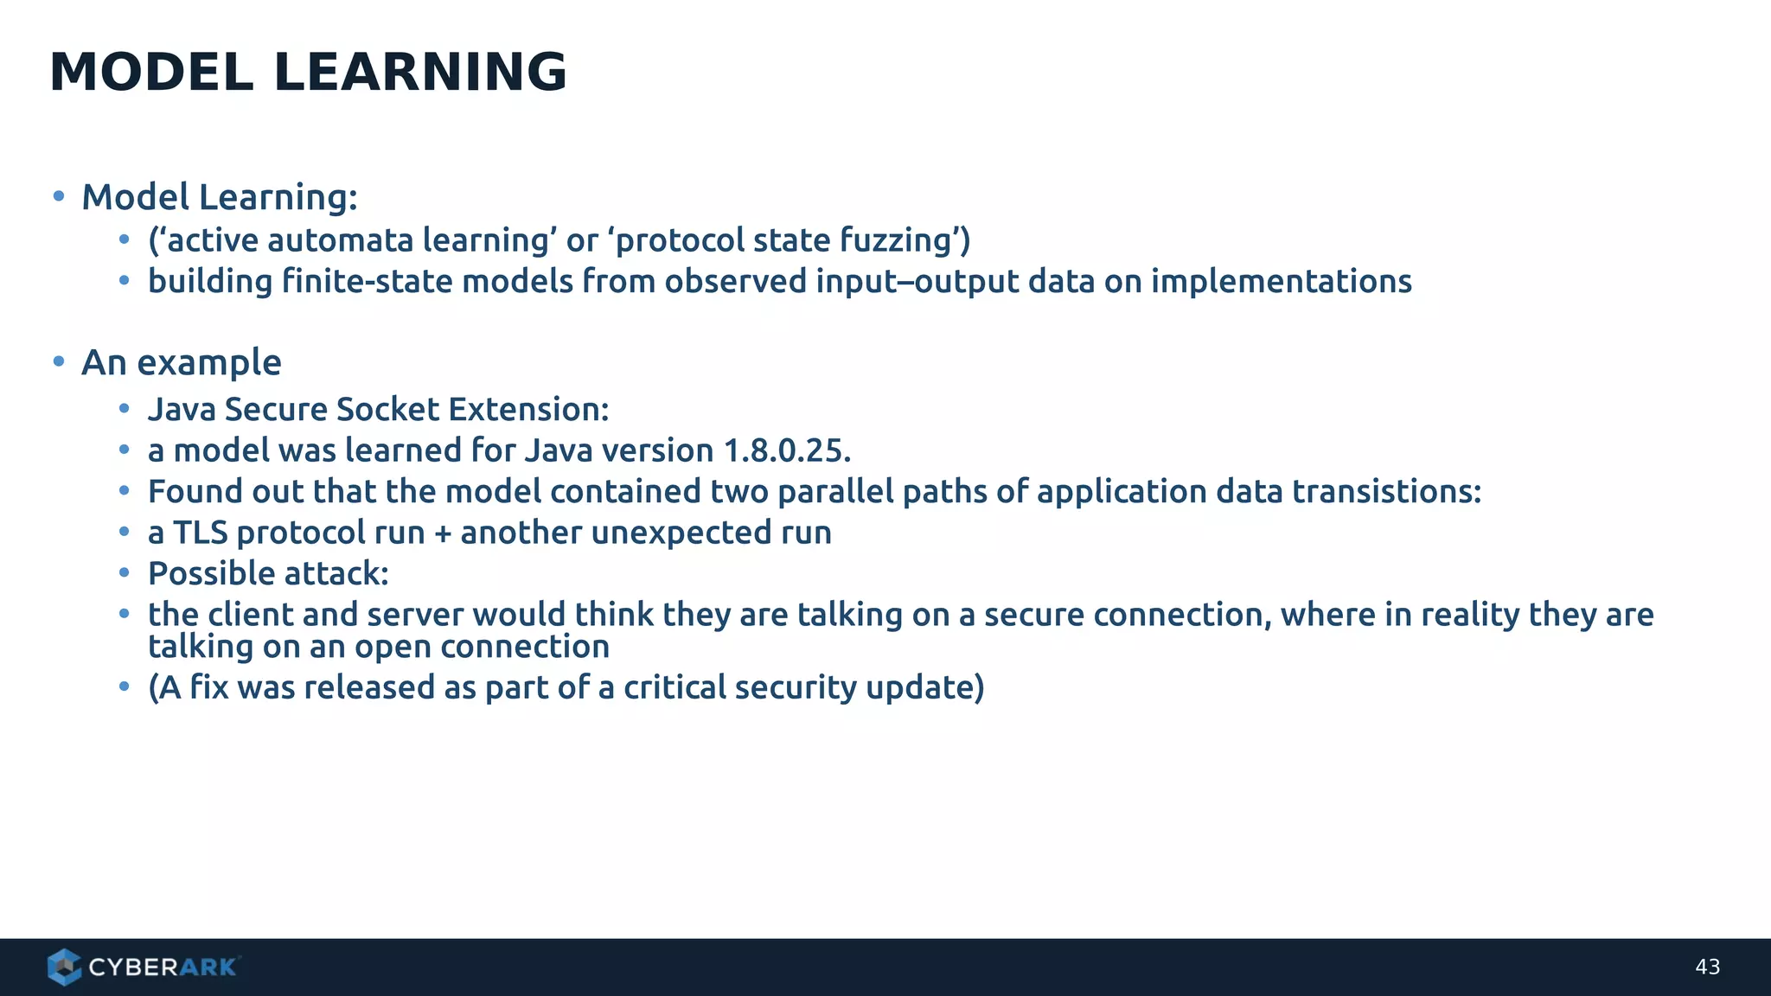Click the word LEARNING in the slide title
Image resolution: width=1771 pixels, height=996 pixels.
pos(420,72)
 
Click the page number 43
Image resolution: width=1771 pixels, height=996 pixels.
pos(1707,967)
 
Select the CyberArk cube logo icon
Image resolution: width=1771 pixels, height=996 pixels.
pos(65,967)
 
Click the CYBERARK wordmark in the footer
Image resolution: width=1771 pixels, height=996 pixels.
pos(163,967)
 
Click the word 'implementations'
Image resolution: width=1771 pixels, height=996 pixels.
pos(1281,282)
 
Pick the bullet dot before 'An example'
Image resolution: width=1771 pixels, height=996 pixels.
pos(59,361)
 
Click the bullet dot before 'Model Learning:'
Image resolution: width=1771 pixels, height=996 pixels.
pos(59,197)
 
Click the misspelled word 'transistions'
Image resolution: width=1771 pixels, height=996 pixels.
pos(1386,492)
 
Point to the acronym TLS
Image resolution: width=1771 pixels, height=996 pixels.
pos(200,533)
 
